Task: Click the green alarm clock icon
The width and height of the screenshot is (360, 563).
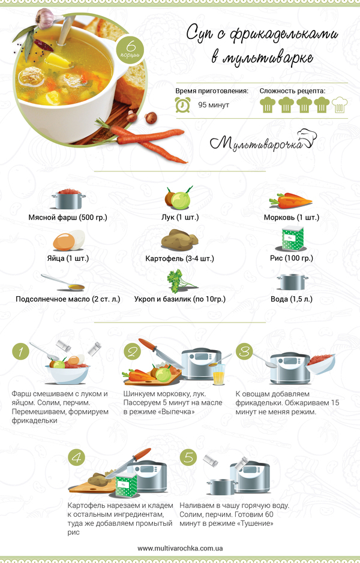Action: (183, 104)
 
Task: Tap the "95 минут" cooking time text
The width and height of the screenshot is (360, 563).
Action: (214, 105)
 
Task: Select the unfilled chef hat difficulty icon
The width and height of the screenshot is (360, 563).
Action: (340, 105)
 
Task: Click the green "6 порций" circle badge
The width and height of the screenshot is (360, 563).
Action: (130, 49)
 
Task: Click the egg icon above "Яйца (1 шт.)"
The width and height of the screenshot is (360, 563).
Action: (69, 240)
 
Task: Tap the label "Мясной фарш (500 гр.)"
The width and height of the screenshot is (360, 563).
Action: (68, 217)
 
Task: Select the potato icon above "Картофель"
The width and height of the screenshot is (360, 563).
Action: (179, 239)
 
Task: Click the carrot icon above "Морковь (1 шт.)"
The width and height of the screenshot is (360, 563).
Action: (290, 201)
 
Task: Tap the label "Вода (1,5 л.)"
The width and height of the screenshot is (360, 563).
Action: (292, 299)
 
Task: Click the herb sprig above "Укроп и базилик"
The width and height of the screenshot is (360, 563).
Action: (181, 281)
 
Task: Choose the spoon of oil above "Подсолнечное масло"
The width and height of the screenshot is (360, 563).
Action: (62, 282)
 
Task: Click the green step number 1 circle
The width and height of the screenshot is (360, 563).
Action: (20, 351)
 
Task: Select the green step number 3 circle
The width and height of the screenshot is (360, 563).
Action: (244, 351)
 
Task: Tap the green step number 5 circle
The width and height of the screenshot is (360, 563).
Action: (188, 457)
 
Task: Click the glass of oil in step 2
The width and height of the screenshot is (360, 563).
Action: (219, 375)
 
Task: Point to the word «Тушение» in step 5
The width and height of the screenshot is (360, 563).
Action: (256, 523)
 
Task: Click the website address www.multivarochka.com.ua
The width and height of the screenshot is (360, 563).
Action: (180, 548)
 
